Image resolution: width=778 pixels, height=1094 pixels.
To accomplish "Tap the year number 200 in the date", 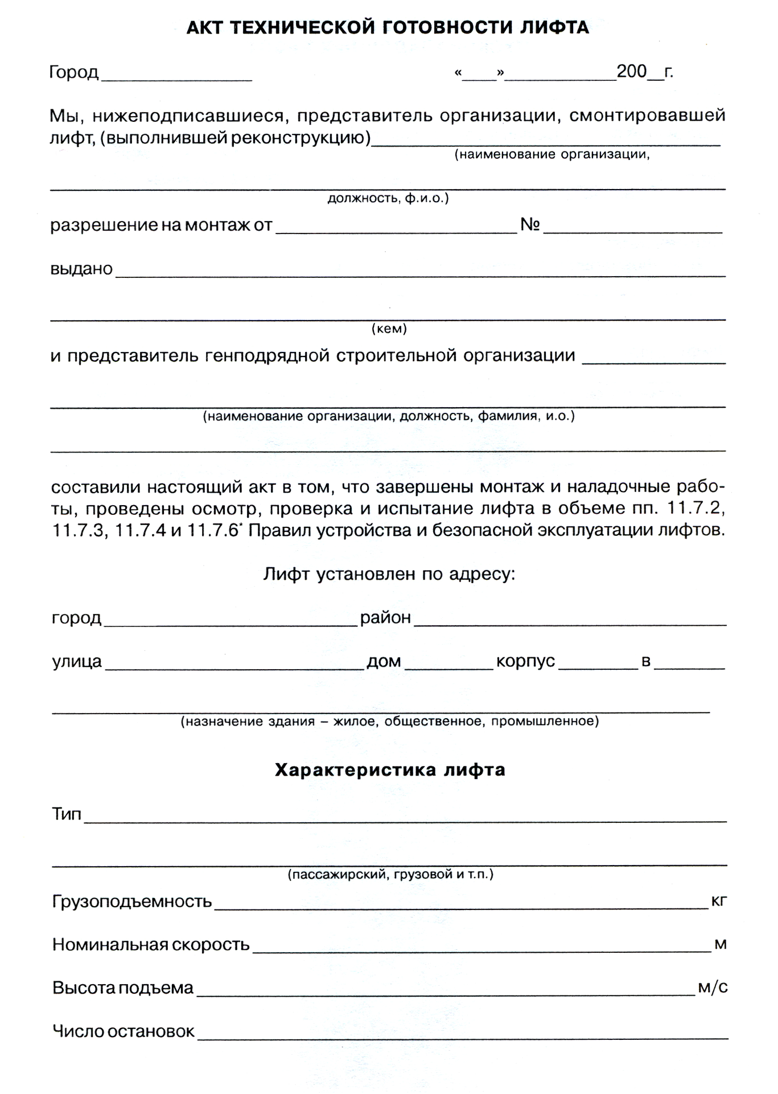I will pyautogui.click(x=632, y=72).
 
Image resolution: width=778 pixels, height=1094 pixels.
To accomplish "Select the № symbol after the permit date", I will pyautogui.click(x=529, y=225).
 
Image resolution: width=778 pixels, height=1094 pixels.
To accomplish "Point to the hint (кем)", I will pyautogui.click(x=389, y=329).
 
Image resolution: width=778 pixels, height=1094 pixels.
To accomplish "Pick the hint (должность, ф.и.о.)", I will pyautogui.click(x=388, y=198).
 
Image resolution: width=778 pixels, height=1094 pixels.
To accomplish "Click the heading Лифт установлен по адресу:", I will pyautogui.click(x=389, y=574).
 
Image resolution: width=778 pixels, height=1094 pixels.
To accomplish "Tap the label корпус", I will pyautogui.click(x=525, y=662).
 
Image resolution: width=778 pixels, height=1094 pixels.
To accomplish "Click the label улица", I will pyautogui.click(x=77, y=662).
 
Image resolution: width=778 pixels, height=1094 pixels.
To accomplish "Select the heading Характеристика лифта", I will pyautogui.click(x=390, y=771).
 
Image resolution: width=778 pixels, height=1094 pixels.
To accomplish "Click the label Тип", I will pyautogui.click(x=67, y=814).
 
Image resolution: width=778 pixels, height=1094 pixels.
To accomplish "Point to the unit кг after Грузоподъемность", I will pyautogui.click(x=719, y=902).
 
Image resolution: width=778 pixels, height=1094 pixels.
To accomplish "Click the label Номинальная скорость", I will pyautogui.click(x=151, y=945).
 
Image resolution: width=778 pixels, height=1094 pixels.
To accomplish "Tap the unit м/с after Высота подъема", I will pyautogui.click(x=713, y=988).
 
